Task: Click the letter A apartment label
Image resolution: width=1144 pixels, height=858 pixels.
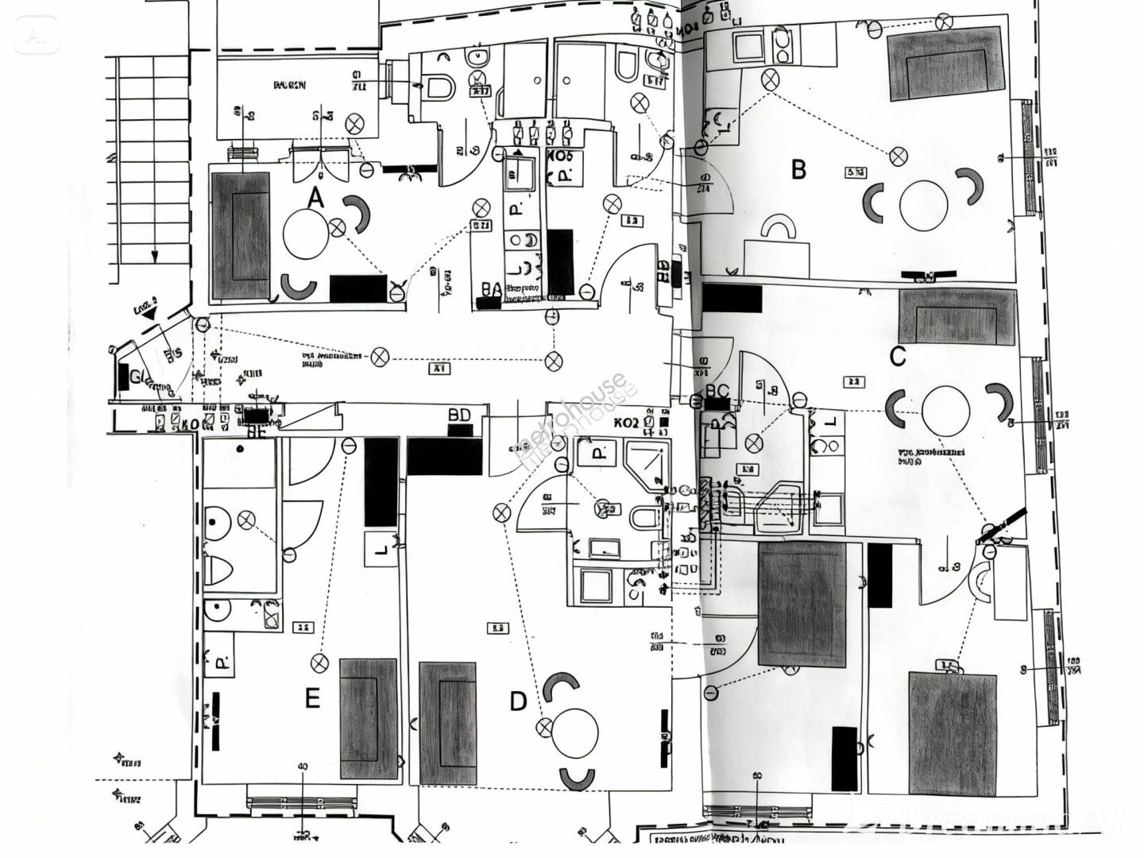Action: tap(316, 198)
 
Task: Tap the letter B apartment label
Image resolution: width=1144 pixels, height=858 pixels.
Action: tap(798, 169)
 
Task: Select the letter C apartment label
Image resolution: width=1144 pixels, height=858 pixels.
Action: tap(897, 357)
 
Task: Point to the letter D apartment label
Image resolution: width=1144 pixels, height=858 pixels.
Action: tap(517, 701)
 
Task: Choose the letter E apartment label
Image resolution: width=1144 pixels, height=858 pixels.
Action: tap(312, 699)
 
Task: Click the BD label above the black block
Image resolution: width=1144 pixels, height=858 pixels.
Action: tap(459, 415)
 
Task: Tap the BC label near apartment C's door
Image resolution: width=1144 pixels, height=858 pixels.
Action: tap(717, 391)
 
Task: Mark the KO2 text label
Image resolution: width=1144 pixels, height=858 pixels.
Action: tap(626, 423)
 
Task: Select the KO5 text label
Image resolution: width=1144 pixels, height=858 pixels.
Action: tap(559, 156)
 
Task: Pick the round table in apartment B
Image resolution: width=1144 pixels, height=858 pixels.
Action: tap(923, 205)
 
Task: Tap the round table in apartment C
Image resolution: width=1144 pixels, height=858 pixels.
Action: tap(945, 408)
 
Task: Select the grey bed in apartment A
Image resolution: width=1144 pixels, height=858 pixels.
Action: tap(241, 236)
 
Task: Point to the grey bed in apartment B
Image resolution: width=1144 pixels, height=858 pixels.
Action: tap(945, 64)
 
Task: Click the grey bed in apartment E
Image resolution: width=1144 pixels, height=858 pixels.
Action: tap(369, 719)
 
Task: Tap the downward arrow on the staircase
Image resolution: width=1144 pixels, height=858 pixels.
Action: tap(155, 256)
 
